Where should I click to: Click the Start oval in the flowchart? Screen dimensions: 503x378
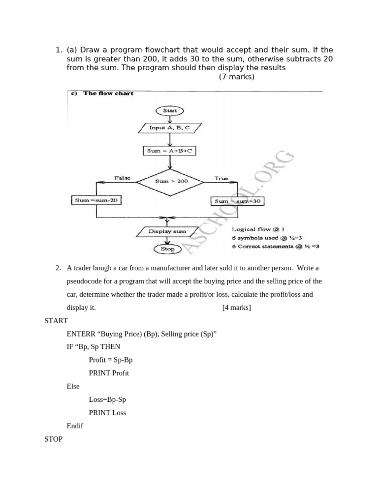click(170, 111)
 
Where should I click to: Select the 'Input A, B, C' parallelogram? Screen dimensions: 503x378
click(169, 128)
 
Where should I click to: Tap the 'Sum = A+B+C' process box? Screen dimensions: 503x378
click(169, 151)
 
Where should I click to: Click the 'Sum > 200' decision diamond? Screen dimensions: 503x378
click(170, 181)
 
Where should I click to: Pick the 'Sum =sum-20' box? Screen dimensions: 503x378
click(96, 200)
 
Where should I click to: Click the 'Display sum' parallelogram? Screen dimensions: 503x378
click(167, 231)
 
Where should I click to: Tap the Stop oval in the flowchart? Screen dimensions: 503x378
click(168, 249)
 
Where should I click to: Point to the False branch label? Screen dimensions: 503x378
click(123, 178)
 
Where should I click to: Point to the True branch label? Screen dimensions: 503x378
click(221, 178)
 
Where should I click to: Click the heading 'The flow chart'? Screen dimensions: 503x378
click(108, 93)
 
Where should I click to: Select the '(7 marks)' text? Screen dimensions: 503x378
click(237, 77)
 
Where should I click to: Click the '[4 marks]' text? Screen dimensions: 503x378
click(236, 307)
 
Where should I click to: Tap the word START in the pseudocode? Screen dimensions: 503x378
click(56, 321)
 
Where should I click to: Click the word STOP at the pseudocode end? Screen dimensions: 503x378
click(53, 439)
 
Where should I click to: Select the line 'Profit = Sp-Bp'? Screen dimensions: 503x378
click(111, 360)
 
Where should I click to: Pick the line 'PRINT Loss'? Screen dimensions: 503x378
click(107, 413)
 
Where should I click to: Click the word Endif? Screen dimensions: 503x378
click(75, 426)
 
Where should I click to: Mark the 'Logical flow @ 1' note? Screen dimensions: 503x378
click(258, 229)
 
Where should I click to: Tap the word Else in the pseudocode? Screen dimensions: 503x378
click(73, 386)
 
